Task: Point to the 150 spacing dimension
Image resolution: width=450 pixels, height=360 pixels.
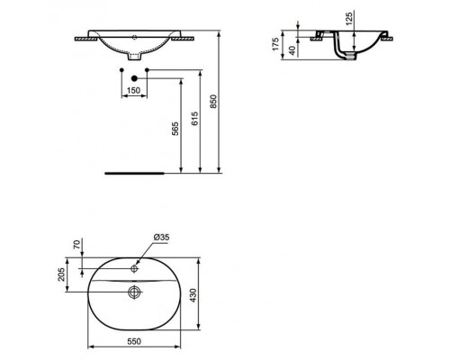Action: (133, 92)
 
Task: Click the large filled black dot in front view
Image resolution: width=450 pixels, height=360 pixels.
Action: (133, 79)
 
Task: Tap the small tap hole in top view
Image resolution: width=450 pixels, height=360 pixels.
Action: (134, 268)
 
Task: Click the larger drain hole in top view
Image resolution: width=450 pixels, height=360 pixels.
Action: (135, 291)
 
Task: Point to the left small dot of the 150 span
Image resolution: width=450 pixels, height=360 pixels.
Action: (121, 69)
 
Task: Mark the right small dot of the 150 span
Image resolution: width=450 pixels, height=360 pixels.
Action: (146, 69)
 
